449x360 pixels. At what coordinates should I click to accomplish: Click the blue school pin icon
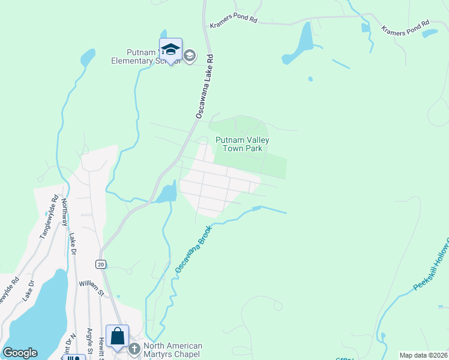tap(170, 50)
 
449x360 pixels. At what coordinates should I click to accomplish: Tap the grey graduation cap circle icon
tap(190, 56)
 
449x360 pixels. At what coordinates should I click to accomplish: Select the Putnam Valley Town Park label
tap(243, 144)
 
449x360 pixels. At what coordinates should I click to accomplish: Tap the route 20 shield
tap(100, 264)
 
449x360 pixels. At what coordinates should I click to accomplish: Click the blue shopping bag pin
tap(118, 337)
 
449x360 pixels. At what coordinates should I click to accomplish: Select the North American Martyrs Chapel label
tap(172, 350)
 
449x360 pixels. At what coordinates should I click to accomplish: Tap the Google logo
tap(20, 353)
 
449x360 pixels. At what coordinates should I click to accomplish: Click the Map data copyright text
tap(424, 355)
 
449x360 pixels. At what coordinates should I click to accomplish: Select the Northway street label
tap(65, 209)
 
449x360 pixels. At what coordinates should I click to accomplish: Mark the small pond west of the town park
tap(167, 193)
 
